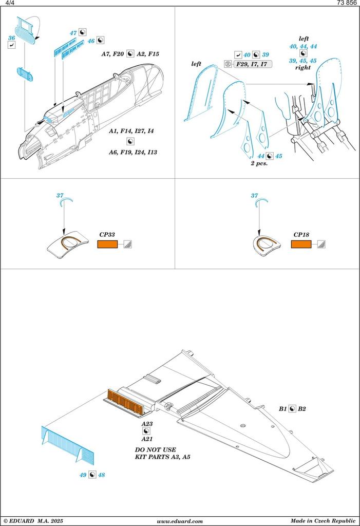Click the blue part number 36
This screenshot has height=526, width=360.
(11, 39)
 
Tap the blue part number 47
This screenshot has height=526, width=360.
(73, 33)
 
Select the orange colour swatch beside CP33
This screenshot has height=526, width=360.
(108, 244)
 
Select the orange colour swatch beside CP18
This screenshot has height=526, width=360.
(301, 244)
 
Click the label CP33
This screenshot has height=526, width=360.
(107, 235)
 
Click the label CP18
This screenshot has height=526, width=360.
(301, 235)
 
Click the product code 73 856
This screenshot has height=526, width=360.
(347, 3)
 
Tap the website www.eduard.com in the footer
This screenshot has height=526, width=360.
(179, 521)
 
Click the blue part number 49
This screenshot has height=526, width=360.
(83, 475)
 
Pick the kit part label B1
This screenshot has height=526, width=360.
(282, 409)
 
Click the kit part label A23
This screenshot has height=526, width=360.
(147, 424)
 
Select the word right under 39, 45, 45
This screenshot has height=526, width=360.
(303, 67)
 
